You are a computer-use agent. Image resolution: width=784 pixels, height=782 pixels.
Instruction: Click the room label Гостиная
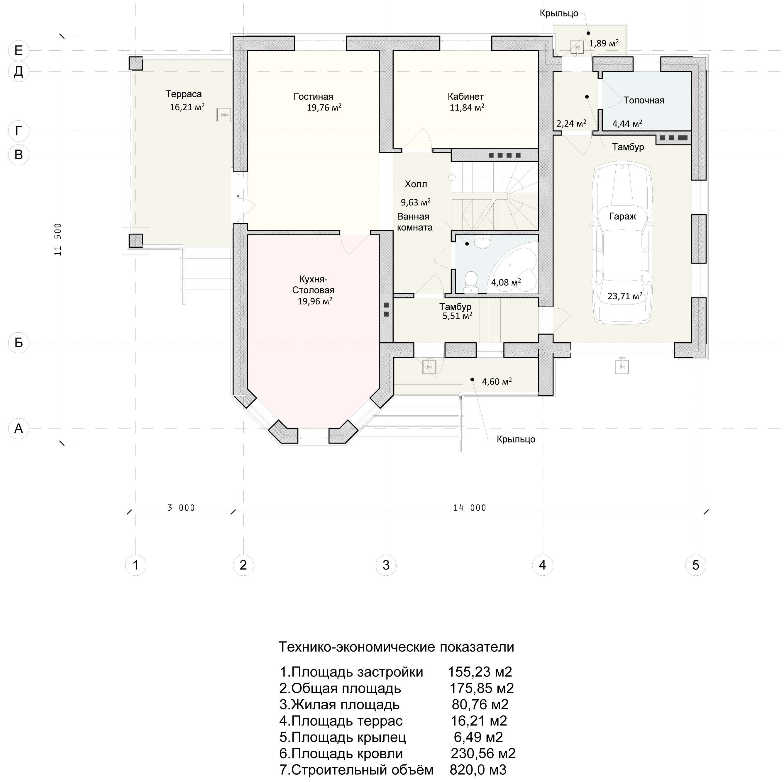313,96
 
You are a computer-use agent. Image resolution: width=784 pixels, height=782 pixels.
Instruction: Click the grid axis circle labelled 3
386,565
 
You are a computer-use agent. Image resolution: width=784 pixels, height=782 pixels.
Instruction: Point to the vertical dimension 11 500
58,239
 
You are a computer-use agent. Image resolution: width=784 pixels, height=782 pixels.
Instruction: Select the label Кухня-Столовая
313,285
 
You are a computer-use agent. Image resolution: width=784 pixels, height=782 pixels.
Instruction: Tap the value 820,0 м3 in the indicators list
478,769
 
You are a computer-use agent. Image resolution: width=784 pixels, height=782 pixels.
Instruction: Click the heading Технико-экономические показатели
396,647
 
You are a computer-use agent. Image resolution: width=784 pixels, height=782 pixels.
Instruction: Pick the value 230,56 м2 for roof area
483,753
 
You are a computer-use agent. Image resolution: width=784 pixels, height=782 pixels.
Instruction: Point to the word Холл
416,184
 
